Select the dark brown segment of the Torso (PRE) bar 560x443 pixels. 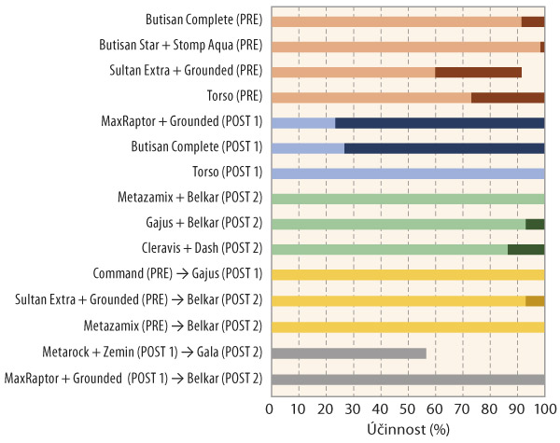coord(508,97)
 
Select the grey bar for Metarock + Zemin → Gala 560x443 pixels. coord(348,353)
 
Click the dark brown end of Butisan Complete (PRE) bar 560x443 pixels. coord(533,21)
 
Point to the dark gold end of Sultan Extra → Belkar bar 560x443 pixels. coord(535,301)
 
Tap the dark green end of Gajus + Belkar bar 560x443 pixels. coord(535,224)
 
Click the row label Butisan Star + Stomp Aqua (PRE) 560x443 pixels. coord(181,45)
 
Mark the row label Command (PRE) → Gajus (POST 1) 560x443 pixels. coord(178,276)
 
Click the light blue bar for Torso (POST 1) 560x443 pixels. coord(407,173)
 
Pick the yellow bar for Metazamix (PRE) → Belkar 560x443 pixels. coord(407,326)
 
